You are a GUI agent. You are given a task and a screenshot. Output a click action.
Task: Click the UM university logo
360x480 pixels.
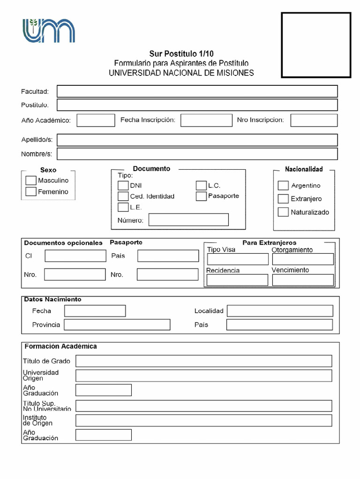pos(49,31)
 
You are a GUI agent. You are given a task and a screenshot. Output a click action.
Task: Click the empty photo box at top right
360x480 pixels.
pos(316,45)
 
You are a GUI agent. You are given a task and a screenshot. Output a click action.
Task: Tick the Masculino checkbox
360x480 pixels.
pos(31,180)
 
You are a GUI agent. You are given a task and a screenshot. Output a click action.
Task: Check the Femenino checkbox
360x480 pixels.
pos(31,192)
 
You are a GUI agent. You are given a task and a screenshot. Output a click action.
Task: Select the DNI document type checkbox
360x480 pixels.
pos(123,185)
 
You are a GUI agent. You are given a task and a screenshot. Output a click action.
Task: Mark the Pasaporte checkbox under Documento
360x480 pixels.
pos(201,196)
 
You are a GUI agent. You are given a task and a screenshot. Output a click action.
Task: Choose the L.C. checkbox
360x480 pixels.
pos(201,185)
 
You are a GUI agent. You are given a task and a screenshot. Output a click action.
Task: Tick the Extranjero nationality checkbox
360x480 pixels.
pos(283,199)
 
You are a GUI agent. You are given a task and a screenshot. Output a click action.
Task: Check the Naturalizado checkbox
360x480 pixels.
pos(283,212)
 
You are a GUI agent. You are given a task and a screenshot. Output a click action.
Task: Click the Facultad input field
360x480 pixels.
pos(197,91)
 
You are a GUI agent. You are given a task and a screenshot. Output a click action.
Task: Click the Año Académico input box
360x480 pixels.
pos(96,120)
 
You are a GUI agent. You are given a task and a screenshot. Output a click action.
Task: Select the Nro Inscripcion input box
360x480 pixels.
pos(314,120)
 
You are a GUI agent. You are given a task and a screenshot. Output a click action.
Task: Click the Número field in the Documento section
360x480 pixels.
pos(188,220)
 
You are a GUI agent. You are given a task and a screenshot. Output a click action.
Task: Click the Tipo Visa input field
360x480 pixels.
pos(238,259)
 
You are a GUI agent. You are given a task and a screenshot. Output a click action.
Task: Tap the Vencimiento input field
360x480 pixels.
pos(303,280)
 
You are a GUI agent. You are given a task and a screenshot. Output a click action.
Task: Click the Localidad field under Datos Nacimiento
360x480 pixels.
pos(280,311)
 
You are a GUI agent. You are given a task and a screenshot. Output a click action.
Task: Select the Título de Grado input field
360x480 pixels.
pos(203,361)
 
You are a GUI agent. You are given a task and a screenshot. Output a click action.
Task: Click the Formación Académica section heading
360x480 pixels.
pos(60,346)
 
